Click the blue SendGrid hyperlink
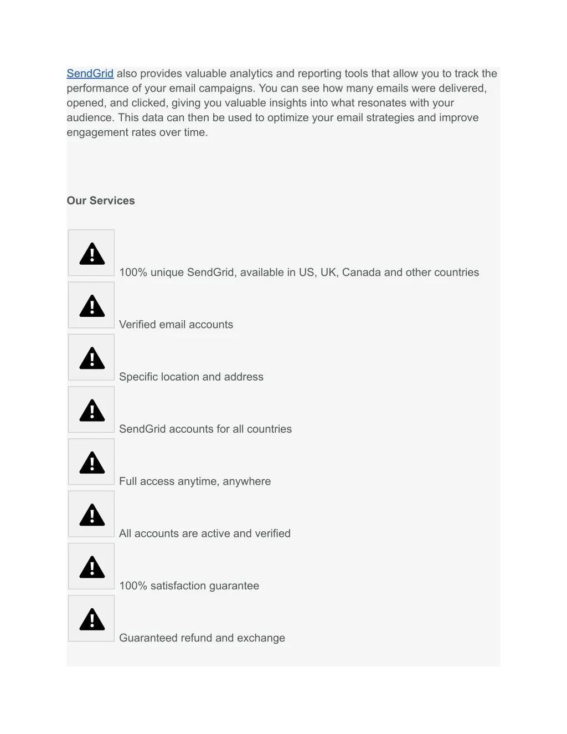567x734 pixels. pyautogui.click(x=90, y=74)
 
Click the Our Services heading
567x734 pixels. pyautogui.click(x=101, y=201)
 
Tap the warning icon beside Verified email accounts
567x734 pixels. pyautogui.click(x=92, y=305)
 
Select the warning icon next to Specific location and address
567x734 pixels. pyautogui.click(x=92, y=357)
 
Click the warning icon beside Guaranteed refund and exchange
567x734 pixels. pyautogui.click(x=92, y=619)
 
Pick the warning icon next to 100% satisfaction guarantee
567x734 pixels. pyautogui.click(x=92, y=567)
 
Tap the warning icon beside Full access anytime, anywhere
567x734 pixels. pyautogui.click(x=92, y=462)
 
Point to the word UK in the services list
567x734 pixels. pyautogui.click(x=328, y=273)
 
